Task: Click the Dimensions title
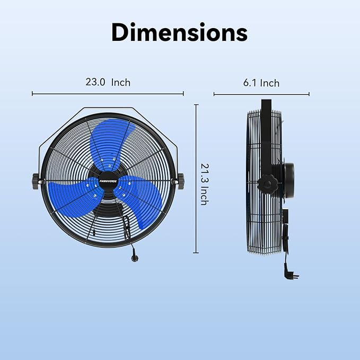179,33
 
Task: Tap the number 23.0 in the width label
95,82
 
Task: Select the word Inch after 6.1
269,83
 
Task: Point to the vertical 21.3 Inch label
203,183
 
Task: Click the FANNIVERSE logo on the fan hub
108,180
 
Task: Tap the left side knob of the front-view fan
37,180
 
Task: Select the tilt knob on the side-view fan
268,186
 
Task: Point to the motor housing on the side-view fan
288,180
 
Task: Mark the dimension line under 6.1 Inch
261,95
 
